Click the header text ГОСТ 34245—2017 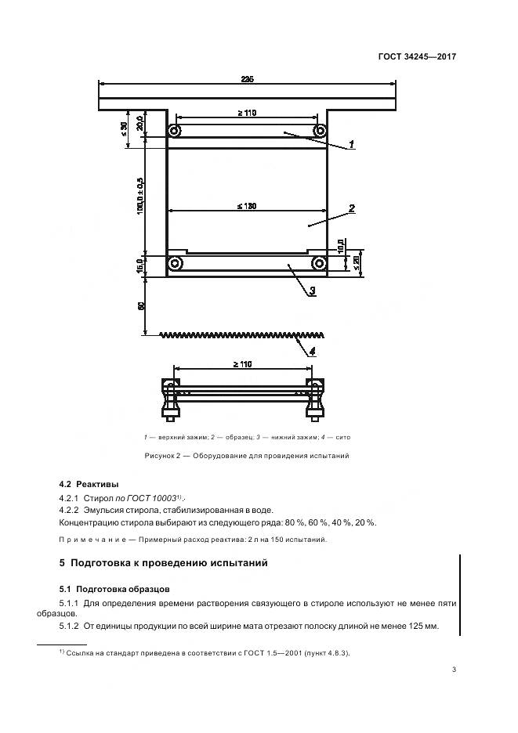coord(418,57)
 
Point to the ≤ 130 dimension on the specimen coord(246,206)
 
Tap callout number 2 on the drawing coord(353,208)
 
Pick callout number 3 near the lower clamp coord(312,291)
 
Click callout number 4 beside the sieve coord(311,352)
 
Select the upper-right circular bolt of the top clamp coord(319,130)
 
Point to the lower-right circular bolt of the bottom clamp coord(319,263)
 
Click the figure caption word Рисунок coord(162,455)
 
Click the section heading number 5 coord(62,562)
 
